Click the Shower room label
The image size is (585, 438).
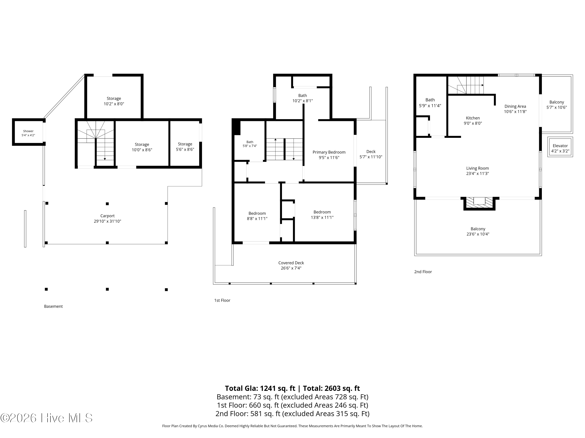point(28,131)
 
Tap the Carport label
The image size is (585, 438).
point(107,216)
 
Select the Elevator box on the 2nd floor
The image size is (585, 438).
point(560,147)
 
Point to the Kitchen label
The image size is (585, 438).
point(473,118)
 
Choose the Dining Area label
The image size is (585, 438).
point(515,106)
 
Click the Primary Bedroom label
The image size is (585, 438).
point(329,152)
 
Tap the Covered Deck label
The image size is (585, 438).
point(291,263)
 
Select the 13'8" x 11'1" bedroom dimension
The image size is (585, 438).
point(322,217)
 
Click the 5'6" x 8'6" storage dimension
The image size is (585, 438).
point(185,149)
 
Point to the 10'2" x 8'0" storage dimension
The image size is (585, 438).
point(114,104)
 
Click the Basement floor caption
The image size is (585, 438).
point(53,306)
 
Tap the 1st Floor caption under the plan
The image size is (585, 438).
point(222,300)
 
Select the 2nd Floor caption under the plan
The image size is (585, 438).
point(423,272)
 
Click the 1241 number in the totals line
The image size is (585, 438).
point(269,388)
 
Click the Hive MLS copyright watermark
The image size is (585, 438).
point(47,418)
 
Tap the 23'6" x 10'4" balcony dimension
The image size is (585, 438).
point(478,234)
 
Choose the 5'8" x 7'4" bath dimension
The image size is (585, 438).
point(250,146)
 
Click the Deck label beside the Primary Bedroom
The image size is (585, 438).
point(371,151)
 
